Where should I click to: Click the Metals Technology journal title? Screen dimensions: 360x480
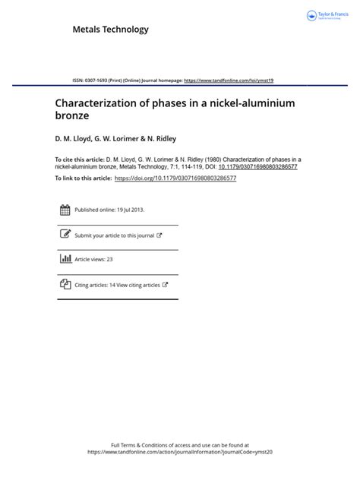coord(110,30)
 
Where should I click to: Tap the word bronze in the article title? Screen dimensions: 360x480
coord(73,117)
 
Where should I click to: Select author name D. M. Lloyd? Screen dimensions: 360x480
coord(72,140)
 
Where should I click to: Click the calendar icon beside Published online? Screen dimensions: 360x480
coord(65,210)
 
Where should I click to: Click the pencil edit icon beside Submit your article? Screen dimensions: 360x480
coord(65,235)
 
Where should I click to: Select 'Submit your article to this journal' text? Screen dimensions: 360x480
coord(114,235)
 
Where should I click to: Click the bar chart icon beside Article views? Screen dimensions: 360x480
coord(65,259)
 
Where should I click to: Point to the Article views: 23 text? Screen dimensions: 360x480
coord(93,260)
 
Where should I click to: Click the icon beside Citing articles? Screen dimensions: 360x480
coord(65,284)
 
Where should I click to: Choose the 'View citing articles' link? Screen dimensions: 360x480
coord(141,285)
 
